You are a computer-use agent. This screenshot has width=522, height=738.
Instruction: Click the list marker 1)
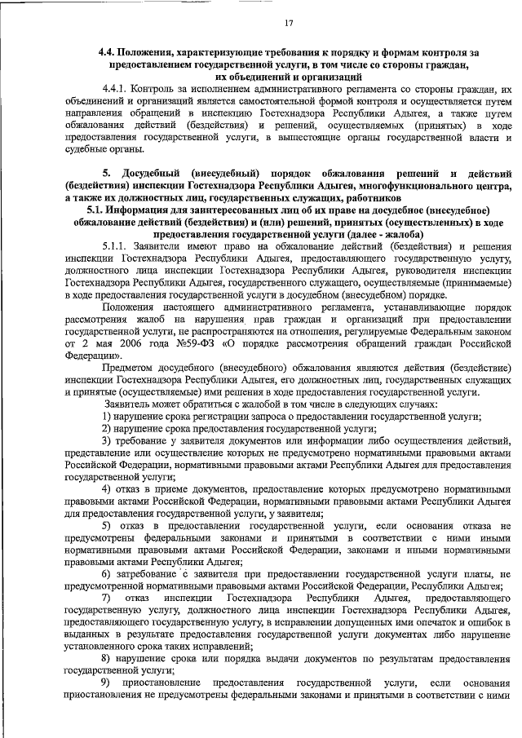(x=106, y=416)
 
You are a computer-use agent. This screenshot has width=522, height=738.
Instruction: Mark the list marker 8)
(x=106, y=656)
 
